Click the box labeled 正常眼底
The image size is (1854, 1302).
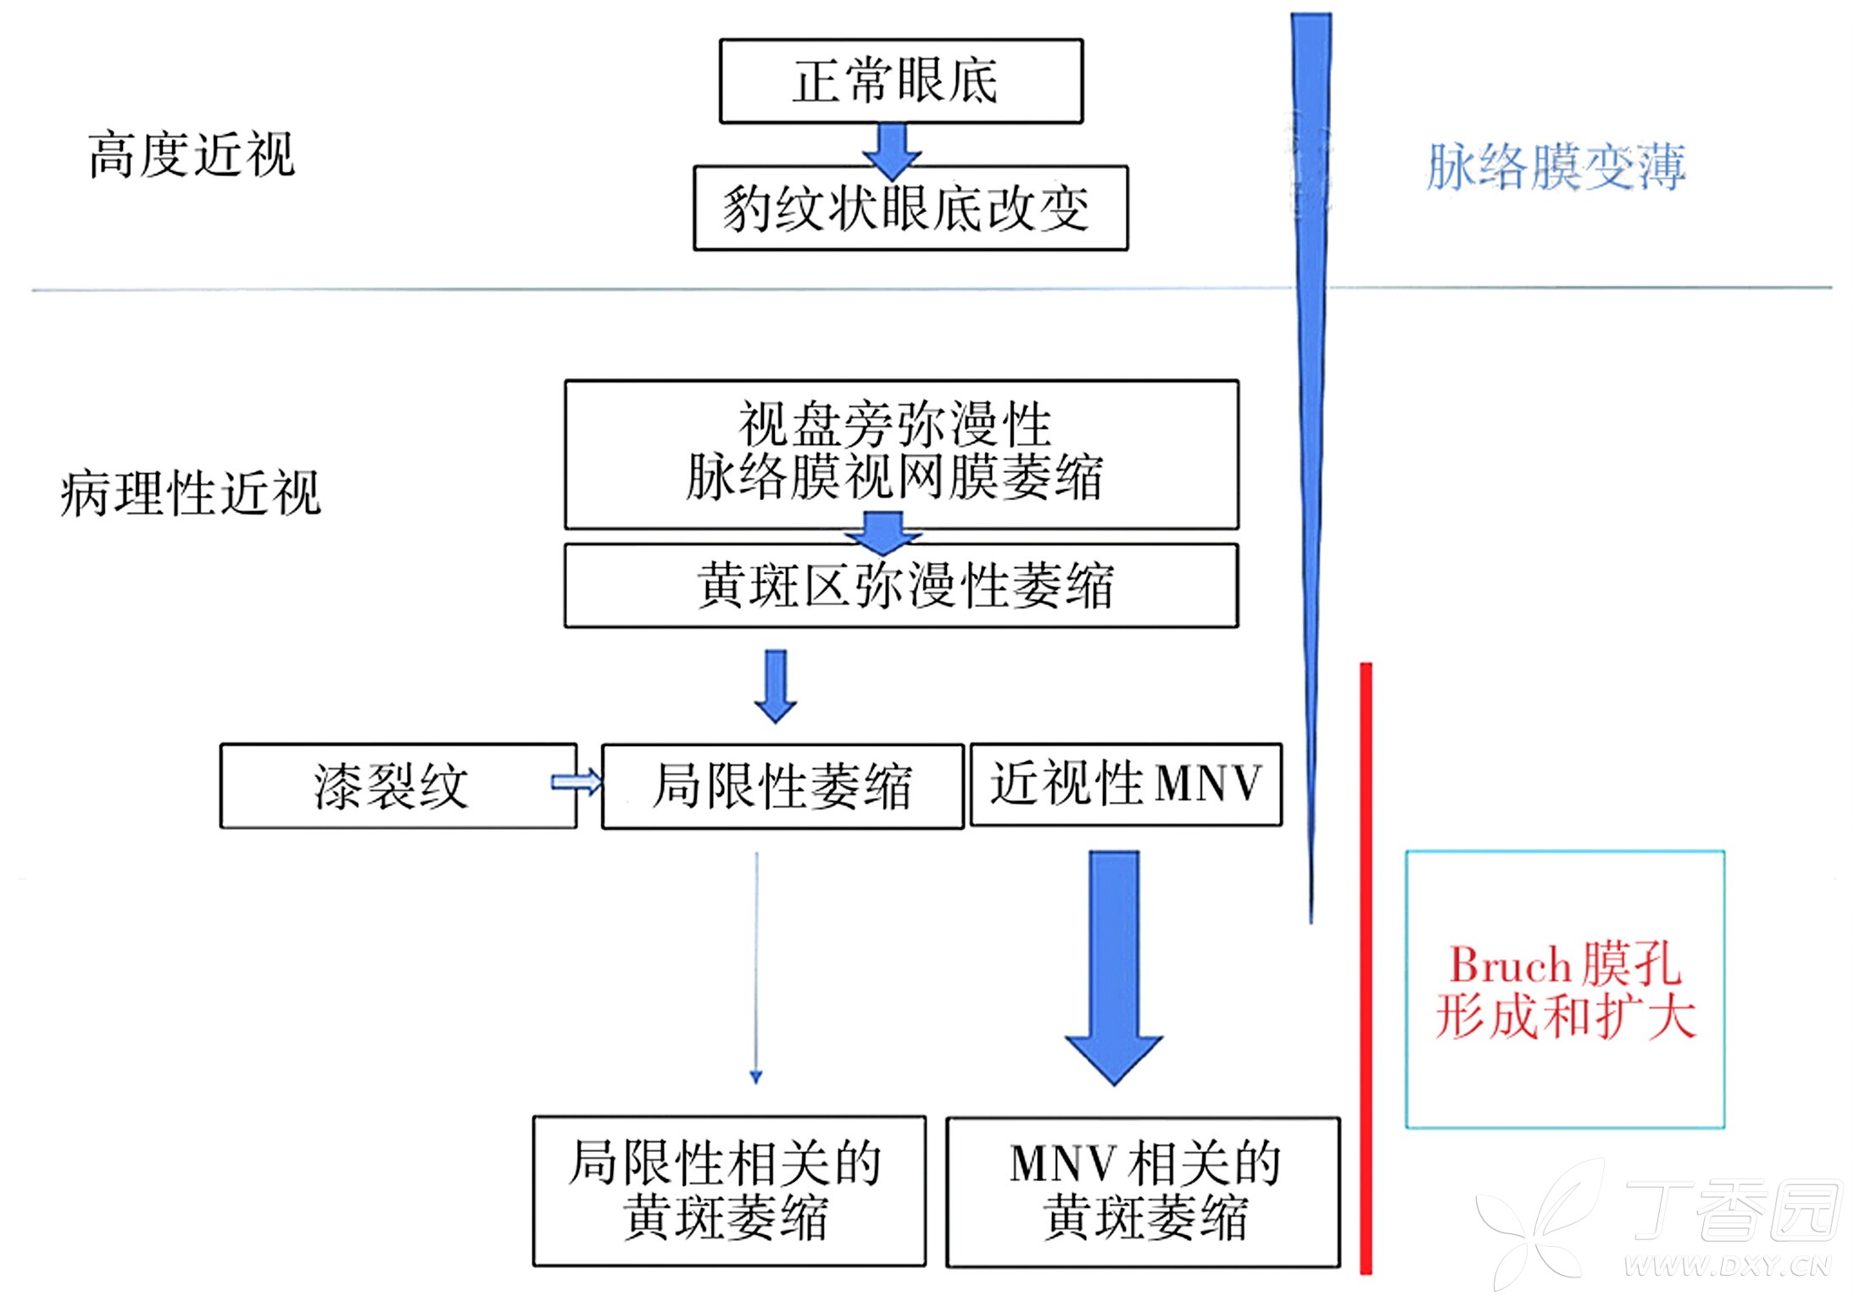tap(900, 81)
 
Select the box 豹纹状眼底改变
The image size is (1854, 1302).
tap(910, 209)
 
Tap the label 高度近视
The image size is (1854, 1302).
tap(192, 155)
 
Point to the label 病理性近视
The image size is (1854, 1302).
tap(191, 493)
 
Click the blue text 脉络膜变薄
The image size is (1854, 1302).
tap(1556, 167)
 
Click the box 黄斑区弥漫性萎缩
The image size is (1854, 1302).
tap(900, 586)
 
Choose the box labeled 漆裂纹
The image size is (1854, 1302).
tap(392, 786)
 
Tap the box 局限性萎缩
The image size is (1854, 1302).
tap(782, 786)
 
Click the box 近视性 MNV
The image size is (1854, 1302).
tap(1125, 783)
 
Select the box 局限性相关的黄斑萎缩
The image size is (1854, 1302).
tap(728, 1190)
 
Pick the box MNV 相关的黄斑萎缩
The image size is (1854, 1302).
tap(1143, 1191)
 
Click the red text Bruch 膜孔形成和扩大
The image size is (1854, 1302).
tap(1564, 990)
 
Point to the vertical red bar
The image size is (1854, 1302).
tap(1366, 966)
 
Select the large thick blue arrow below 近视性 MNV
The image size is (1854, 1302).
tap(1113, 966)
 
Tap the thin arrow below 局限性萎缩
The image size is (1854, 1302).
tap(756, 966)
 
